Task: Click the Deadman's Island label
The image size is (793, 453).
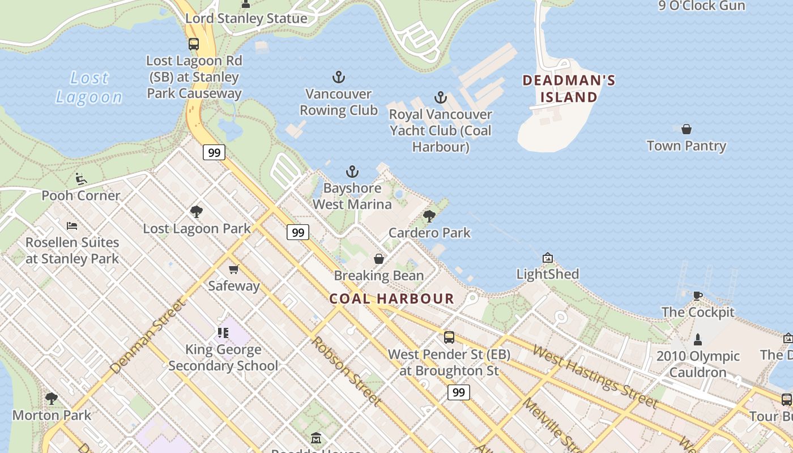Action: click(569, 88)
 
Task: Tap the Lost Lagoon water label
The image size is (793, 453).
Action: click(89, 87)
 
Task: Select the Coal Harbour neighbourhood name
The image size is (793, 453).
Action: click(392, 298)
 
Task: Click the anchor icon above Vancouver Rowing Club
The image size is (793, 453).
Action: click(338, 77)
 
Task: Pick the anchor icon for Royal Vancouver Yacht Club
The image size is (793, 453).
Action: click(440, 98)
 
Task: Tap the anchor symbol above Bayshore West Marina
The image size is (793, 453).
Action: click(352, 172)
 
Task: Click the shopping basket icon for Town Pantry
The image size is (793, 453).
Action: click(686, 129)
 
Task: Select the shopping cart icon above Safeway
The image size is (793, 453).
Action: click(233, 269)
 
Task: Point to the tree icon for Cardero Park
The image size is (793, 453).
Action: click(429, 216)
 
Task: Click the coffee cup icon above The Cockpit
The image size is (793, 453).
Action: click(697, 296)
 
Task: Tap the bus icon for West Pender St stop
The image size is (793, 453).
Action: click(449, 337)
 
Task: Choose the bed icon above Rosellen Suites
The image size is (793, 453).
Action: click(72, 226)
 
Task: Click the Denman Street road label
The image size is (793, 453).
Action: click(148, 336)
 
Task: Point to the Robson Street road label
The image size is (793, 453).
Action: click(345, 371)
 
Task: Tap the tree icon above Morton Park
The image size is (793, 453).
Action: click(52, 399)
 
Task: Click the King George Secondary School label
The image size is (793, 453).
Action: click(223, 357)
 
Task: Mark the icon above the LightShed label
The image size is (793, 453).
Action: click(547, 258)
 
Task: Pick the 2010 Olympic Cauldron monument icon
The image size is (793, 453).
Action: click(697, 340)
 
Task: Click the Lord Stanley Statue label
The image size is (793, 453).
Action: click(246, 18)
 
